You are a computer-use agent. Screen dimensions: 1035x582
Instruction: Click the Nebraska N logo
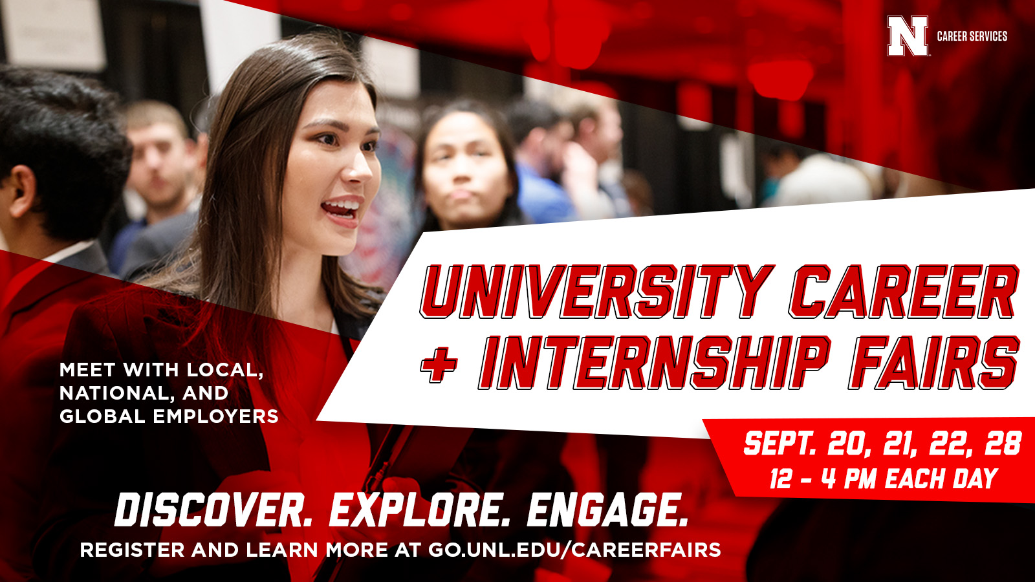[x=908, y=36]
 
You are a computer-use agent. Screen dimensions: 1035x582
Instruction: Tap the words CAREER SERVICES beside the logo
[x=972, y=36]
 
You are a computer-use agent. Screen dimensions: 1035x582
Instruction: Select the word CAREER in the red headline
[x=904, y=292]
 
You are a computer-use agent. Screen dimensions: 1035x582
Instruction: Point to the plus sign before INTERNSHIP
[x=439, y=363]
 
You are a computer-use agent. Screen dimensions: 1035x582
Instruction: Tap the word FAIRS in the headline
[x=934, y=363]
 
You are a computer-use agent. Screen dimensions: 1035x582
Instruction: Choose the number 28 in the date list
[x=1003, y=444]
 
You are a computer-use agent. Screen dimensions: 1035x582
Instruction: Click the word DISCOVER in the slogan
[x=213, y=510]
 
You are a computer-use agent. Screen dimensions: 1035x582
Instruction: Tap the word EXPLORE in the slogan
[x=420, y=510]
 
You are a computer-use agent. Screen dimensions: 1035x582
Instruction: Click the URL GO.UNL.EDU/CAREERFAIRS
[x=574, y=550]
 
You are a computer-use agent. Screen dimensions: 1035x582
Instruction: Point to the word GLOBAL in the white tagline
[x=103, y=416]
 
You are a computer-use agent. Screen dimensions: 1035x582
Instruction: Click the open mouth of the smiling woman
[x=343, y=210]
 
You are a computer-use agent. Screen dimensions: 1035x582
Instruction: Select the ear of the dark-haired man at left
[x=22, y=190]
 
